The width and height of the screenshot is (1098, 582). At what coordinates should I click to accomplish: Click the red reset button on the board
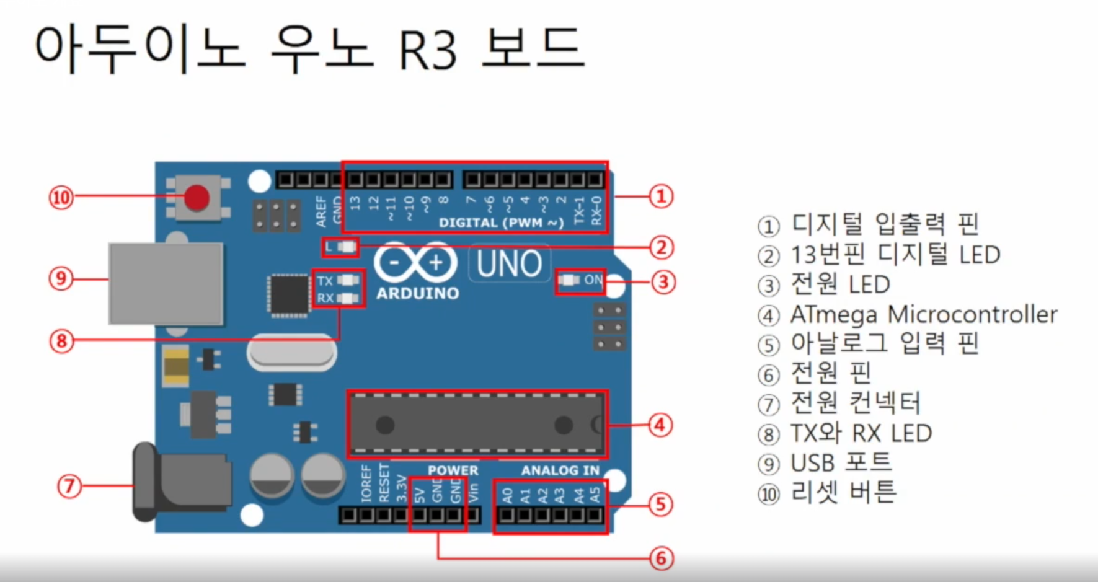[197, 198]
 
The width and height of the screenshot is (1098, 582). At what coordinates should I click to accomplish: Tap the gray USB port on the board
[166, 283]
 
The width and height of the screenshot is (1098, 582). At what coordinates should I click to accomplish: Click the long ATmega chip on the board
[476, 425]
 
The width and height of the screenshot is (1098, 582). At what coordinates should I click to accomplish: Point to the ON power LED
[569, 280]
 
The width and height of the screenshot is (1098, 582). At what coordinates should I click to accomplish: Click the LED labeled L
[347, 247]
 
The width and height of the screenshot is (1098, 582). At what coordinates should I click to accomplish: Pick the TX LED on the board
[348, 281]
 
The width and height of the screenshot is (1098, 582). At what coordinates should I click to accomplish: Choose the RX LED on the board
[348, 298]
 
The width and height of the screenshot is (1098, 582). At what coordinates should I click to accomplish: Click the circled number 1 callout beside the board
[661, 196]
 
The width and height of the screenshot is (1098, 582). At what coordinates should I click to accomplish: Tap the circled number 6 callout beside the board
[661, 558]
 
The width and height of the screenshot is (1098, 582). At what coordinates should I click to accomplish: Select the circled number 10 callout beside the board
[61, 198]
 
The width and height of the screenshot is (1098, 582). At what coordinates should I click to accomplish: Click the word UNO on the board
[509, 264]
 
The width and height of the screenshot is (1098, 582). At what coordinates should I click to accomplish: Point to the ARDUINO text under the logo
[417, 293]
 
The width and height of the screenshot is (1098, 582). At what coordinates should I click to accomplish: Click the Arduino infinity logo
[416, 262]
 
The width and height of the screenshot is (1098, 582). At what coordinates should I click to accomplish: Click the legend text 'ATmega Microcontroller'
[923, 314]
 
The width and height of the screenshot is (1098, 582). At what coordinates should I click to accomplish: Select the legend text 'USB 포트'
[841, 463]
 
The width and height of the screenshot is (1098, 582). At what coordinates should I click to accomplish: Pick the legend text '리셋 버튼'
[843, 493]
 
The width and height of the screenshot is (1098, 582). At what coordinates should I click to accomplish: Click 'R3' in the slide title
[427, 49]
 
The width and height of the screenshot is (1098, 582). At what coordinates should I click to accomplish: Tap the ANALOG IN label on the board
[560, 470]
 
